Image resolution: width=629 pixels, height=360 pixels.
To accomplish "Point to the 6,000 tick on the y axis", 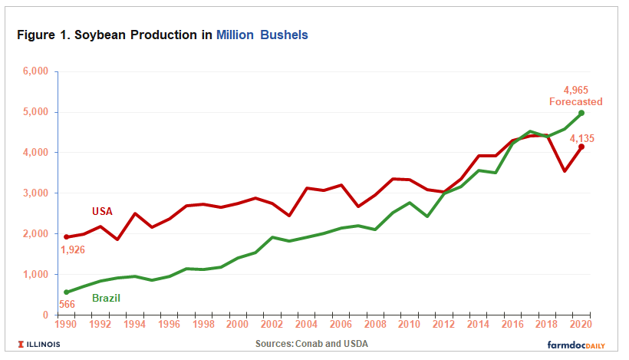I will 35,71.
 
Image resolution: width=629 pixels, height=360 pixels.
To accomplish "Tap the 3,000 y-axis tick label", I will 35,193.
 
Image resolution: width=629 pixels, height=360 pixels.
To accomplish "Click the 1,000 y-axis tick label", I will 35,274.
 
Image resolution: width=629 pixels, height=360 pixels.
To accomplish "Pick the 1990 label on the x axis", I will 67,324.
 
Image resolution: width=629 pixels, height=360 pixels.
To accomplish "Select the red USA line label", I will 103,211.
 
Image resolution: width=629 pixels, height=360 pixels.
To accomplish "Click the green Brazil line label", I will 107,298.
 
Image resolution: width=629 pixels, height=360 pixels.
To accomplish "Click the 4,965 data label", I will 575,90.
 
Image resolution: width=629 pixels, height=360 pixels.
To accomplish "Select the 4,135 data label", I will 581,138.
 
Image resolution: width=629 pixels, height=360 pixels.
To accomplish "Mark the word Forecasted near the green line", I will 575,101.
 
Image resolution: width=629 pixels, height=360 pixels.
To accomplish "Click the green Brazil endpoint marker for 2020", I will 581,114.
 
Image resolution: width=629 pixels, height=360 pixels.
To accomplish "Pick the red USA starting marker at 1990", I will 67,236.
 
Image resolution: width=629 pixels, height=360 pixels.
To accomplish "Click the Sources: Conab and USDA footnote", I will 311,343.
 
